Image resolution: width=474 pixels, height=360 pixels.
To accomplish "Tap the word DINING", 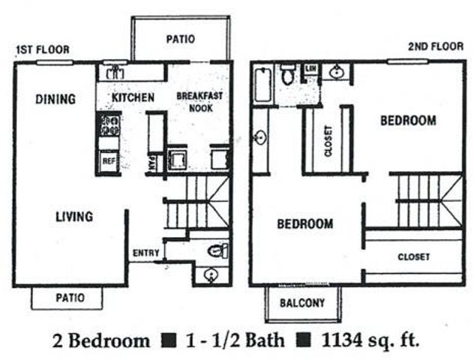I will [55, 98].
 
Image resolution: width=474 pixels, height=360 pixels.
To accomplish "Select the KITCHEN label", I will [133, 97].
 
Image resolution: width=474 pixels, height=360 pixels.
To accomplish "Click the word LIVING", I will [73, 217].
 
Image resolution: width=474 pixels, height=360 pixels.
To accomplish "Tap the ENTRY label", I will [146, 253].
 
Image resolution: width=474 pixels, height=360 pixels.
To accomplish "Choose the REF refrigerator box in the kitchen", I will [109, 160].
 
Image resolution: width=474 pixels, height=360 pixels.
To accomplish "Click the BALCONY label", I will [302, 303].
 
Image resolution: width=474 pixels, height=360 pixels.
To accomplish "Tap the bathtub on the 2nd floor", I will [262, 85].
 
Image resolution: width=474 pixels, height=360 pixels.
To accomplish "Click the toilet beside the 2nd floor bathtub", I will [287, 76].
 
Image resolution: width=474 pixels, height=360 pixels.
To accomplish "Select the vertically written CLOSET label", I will [328, 139].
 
